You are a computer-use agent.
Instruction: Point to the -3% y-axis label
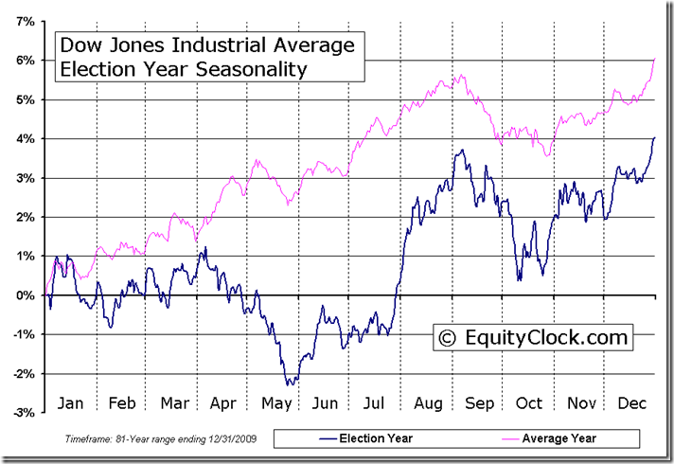[23, 413]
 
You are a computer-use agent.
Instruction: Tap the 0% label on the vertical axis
[25, 294]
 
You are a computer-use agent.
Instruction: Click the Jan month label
[70, 402]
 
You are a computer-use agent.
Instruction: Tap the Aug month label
[427, 402]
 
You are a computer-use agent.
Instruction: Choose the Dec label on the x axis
[630, 402]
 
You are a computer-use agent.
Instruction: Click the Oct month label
[528, 402]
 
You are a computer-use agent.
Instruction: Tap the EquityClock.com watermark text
[544, 336]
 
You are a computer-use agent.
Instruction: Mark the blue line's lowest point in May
[290, 384]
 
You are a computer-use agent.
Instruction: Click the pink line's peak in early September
[461, 75]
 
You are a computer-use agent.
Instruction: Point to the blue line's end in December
[654, 138]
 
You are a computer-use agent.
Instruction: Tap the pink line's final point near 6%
[654, 60]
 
